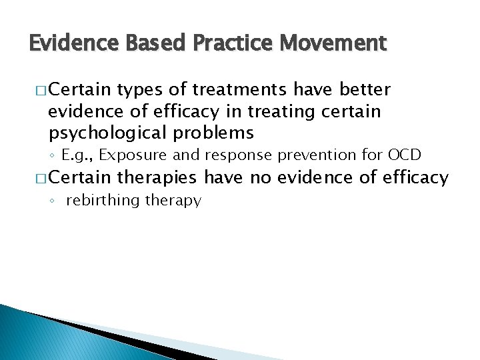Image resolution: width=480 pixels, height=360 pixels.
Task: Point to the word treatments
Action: pos(231,89)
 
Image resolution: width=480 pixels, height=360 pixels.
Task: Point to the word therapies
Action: pos(157,177)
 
